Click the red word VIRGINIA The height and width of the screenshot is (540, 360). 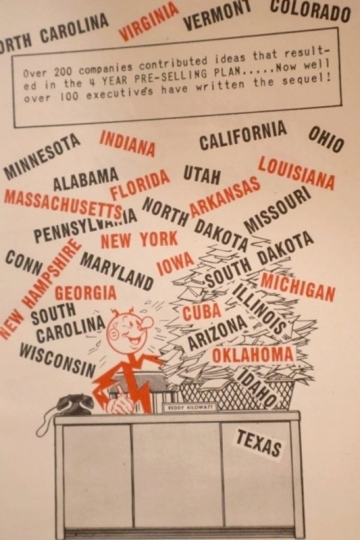[149, 22]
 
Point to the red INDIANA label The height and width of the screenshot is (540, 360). [127, 142]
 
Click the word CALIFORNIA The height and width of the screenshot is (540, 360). [242, 136]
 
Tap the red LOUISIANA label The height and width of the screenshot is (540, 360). [296, 172]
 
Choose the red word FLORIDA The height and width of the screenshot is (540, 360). [140, 186]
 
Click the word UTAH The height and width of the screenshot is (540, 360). [202, 175]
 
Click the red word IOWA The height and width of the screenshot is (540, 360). [176, 262]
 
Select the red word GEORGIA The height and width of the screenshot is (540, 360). [86, 293]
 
